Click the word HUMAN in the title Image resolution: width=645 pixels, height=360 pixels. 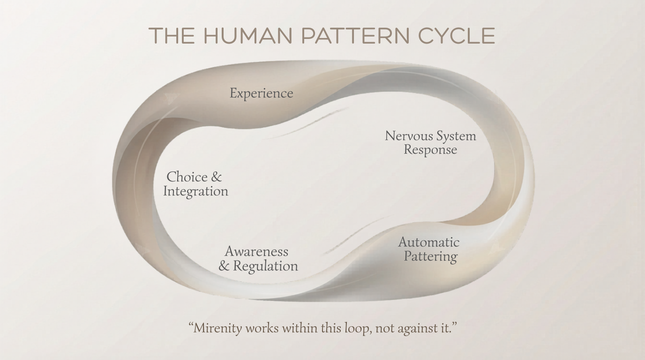(x=248, y=36)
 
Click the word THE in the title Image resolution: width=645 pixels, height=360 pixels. (x=172, y=36)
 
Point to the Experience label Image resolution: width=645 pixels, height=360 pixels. (x=261, y=93)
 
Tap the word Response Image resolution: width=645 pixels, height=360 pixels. (x=430, y=150)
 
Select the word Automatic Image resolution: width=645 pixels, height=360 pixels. (x=428, y=242)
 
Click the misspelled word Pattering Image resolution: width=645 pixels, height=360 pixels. (x=430, y=257)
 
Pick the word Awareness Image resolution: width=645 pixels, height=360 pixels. (x=256, y=252)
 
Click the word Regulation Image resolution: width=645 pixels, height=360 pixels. (x=265, y=266)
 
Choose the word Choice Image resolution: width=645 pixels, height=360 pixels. (x=187, y=177)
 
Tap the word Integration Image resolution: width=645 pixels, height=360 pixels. (x=195, y=192)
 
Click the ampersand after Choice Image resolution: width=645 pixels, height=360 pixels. (x=216, y=177)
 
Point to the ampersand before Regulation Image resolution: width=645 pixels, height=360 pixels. (x=224, y=266)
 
